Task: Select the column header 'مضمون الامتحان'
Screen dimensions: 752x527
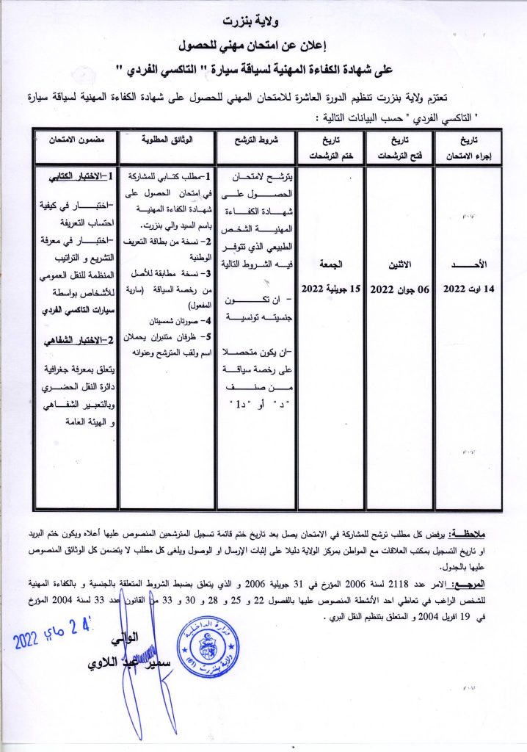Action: [72, 140]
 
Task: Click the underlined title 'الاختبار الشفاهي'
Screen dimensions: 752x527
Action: [77, 339]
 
